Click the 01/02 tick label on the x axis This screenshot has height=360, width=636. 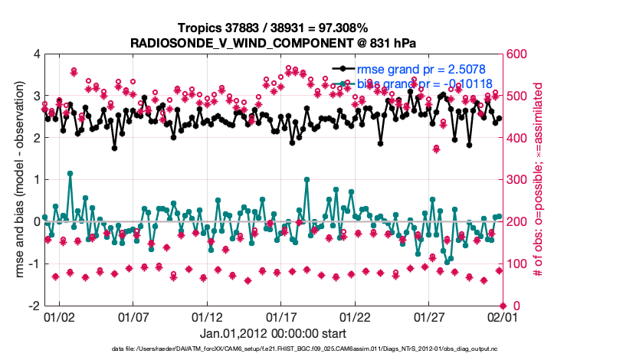point(58,316)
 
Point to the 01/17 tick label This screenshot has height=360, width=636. point(280,316)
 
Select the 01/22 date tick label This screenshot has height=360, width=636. point(355,316)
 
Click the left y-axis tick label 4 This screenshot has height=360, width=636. point(36,54)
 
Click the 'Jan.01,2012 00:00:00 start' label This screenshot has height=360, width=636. point(272,333)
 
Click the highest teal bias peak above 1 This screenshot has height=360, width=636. point(70,173)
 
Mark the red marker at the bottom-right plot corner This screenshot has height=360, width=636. point(502,306)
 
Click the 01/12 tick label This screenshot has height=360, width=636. point(206,316)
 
